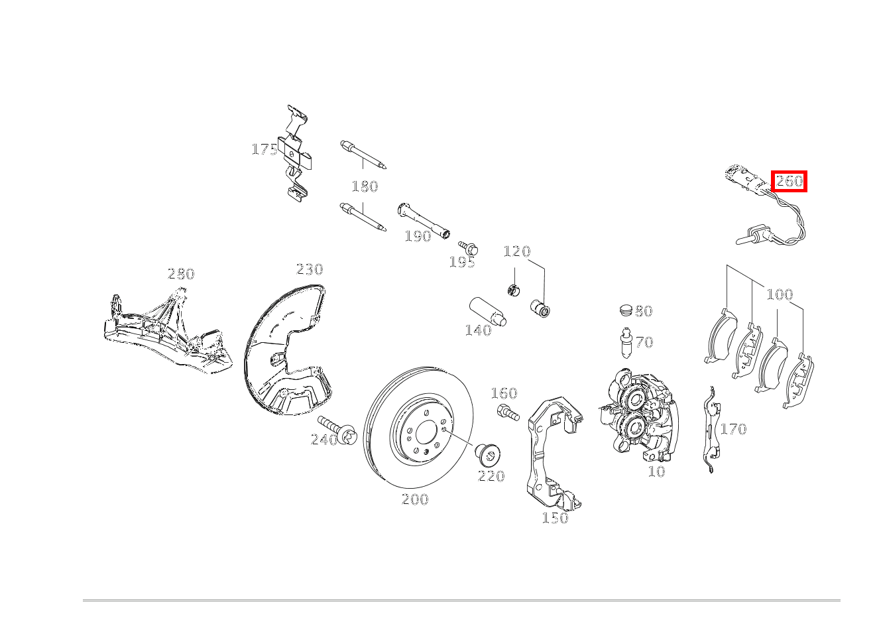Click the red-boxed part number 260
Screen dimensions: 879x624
point(789,181)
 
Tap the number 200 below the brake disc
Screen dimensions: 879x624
point(415,499)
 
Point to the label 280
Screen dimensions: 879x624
point(181,274)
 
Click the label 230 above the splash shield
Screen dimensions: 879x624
point(310,269)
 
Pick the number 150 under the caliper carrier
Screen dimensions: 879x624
point(555,518)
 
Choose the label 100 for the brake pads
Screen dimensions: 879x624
point(780,294)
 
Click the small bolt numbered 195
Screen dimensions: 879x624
point(468,247)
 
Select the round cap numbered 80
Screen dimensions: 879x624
point(626,310)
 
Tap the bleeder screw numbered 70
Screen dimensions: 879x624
point(626,343)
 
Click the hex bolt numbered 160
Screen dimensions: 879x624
point(508,412)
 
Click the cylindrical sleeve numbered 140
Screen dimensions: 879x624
point(488,312)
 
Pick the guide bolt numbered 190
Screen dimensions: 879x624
point(424,221)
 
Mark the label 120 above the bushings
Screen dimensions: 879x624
point(517,251)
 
